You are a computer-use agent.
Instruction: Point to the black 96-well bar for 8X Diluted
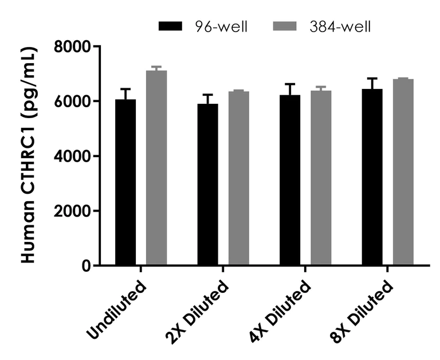372,177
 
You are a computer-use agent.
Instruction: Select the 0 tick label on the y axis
87,266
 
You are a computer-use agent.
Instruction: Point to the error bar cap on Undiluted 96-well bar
125,89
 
